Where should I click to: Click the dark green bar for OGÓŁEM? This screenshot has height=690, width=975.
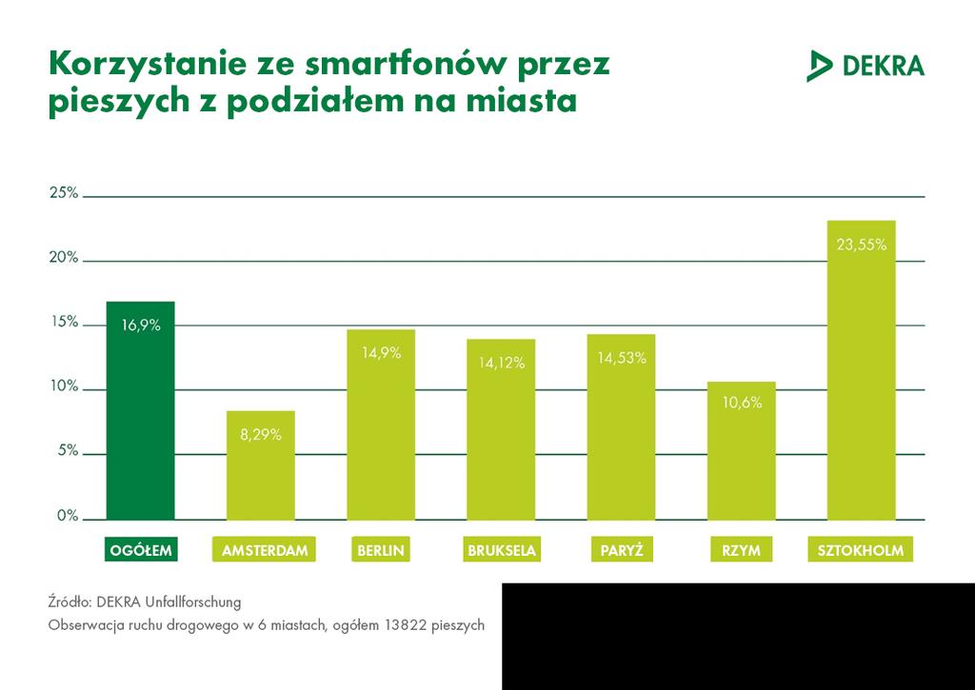tap(141, 410)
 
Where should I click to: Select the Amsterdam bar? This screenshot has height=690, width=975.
tap(261, 465)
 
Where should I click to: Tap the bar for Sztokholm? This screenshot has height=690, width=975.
tap(861, 370)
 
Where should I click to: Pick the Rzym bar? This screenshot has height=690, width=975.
tap(741, 451)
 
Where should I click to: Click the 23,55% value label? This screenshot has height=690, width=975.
tap(861, 245)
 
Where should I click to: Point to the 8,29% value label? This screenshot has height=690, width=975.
tap(261, 435)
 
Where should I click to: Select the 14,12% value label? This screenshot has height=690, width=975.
tap(501, 363)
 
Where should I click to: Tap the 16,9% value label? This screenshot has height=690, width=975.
tap(141, 325)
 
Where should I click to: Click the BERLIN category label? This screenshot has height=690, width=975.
tap(381, 549)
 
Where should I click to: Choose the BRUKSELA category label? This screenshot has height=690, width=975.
tap(501, 549)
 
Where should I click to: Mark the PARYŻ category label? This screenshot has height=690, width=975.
tap(622, 549)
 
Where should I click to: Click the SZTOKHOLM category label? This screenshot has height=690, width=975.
tap(861, 549)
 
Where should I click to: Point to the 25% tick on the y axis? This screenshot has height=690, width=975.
tap(64, 193)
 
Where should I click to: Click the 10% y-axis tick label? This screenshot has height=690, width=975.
tap(64, 386)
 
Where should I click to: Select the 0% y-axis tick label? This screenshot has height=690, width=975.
tap(68, 516)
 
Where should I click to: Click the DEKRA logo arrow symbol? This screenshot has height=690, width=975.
tap(818, 67)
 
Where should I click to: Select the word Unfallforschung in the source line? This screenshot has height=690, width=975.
tap(192, 601)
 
